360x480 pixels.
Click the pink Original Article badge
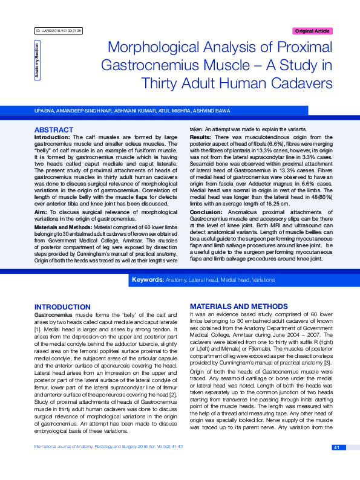pos(312,31)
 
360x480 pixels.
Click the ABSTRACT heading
pos(53,130)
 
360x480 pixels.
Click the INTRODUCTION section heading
pos(62,307)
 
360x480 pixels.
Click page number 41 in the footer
pos(337,464)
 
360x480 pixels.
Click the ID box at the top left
pos(59,30)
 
